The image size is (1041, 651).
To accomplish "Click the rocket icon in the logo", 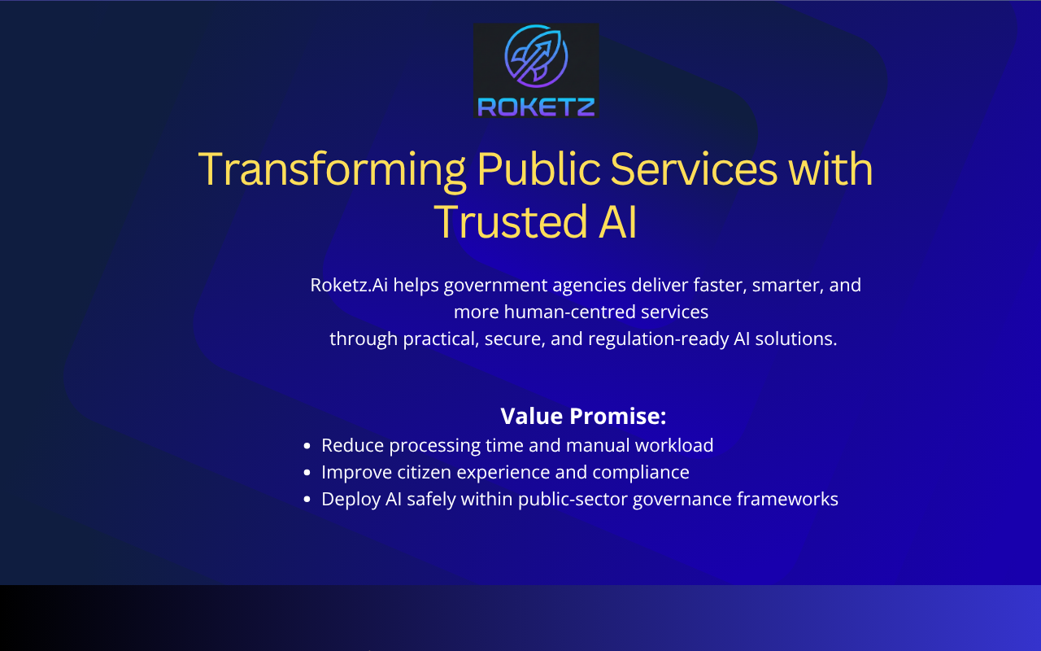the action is tap(536, 56).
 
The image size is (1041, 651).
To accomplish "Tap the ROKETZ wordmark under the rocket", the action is tap(536, 107).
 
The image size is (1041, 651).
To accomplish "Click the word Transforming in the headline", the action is tap(332, 170).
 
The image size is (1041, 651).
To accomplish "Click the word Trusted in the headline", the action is tap(510, 222).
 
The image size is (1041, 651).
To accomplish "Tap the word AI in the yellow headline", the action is tap(617, 223).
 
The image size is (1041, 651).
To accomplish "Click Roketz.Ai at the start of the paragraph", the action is tap(349, 285).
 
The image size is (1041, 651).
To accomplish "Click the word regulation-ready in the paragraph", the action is tap(658, 339).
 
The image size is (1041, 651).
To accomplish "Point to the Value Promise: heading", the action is tap(583, 416).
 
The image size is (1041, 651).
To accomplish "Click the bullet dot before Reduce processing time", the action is tap(307, 446).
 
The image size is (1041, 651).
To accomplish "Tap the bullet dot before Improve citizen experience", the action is tap(307, 473).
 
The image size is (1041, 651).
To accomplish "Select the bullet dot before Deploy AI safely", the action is tap(307, 500).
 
